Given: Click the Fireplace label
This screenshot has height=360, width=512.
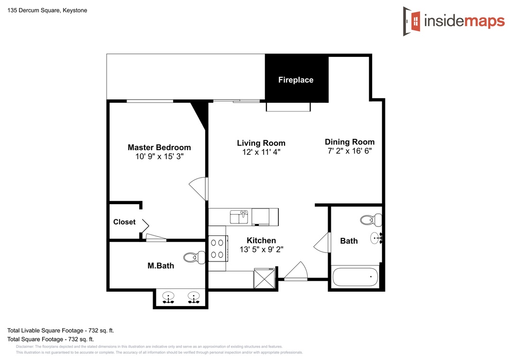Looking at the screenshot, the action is (295, 80).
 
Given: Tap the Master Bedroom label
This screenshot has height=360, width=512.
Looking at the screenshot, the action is (159, 147).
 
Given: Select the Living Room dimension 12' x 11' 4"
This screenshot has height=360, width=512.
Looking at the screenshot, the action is (261, 152).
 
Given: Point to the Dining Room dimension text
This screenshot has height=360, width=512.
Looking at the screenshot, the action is (350, 151).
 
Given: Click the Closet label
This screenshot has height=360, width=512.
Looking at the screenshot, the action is (124, 222).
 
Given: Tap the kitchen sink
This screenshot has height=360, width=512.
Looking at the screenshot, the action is (239, 217).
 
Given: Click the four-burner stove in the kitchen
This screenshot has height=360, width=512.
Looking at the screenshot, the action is (218, 248).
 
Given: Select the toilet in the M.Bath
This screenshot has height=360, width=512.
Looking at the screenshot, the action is (194, 258).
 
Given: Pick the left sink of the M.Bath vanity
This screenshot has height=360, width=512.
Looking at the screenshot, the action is (168, 297).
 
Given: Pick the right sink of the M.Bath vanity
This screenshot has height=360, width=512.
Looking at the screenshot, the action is (193, 297).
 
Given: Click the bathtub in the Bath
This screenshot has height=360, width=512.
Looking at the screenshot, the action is (355, 277).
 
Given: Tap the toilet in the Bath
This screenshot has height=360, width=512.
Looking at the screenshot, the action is (371, 220).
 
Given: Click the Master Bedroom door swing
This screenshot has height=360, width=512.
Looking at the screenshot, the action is (198, 189).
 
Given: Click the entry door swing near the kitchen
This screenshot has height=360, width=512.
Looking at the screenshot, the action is (296, 271).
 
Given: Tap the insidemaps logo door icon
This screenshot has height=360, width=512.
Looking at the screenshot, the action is (411, 21).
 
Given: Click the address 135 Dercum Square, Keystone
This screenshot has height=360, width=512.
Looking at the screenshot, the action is (47, 10).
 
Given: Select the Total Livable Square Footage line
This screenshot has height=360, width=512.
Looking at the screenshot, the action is (61, 331).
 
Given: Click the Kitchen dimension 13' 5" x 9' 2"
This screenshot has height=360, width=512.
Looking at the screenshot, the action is (261, 250).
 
